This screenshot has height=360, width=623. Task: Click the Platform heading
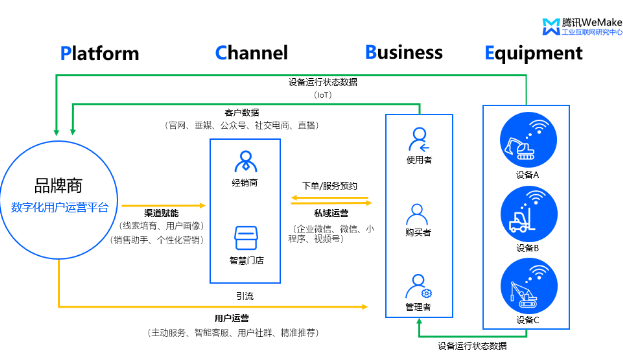tap(98, 52)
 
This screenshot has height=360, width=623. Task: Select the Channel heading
tap(251, 52)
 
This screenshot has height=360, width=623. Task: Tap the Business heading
tap(403, 52)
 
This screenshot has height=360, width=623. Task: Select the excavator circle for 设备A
tap(527, 140)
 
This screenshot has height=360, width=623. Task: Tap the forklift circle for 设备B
tap(527, 212)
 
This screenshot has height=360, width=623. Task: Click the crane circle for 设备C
tap(527, 286)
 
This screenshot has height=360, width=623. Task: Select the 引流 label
tap(244, 295)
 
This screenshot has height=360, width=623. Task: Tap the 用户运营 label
tap(231, 318)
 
